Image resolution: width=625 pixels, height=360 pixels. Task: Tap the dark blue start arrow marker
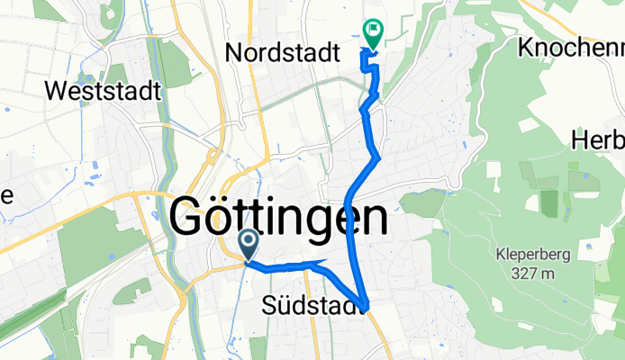click(x=249, y=244)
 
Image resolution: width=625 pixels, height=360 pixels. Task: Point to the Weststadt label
click(x=102, y=91)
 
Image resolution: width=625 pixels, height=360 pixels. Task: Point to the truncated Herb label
click(x=598, y=140)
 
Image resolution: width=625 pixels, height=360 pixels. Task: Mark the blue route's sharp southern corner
click(x=364, y=306)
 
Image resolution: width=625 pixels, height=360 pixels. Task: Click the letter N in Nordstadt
click(x=233, y=53)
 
